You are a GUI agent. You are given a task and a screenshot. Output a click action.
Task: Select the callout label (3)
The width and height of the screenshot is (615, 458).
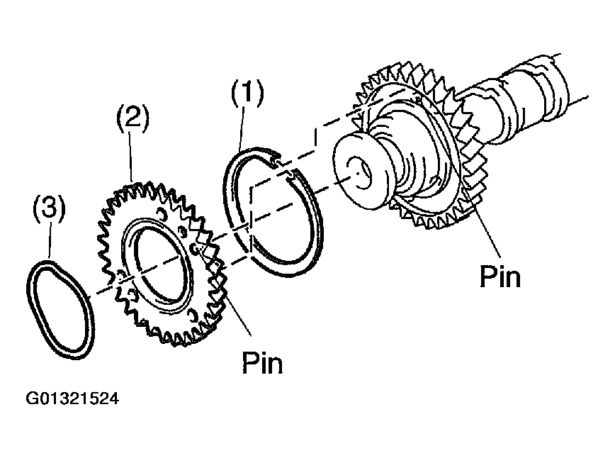click(49, 210)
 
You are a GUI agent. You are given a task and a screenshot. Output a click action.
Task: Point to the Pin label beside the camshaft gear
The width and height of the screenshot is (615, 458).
click(500, 276)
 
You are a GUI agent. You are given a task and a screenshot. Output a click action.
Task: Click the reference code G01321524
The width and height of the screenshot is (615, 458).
click(73, 398)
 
